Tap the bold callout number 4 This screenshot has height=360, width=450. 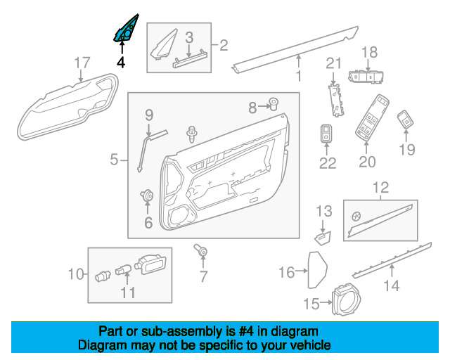(x=121, y=63)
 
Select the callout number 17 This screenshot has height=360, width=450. (x=82, y=63)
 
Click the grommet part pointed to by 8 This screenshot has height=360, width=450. (x=274, y=104)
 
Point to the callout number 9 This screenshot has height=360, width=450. (x=149, y=115)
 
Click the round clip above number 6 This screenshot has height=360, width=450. (x=147, y=195)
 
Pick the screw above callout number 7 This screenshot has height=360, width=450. (x=200, y=250)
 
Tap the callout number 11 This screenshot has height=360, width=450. (x=128, y=292)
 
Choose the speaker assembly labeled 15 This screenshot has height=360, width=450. (x=346, y=299)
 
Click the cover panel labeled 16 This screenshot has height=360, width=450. (x=317, y=269)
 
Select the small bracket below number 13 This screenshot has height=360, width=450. (x=323, y=238)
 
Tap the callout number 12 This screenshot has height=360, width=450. (x=380, y=188)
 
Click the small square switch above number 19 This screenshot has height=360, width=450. (x=406, y=119)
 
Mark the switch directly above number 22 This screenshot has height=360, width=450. (x=326, y=133)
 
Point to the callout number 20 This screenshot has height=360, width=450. (x=367, y=162)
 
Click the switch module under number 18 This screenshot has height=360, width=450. (x=366, y=77)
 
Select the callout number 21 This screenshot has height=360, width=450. (x=333, y=63)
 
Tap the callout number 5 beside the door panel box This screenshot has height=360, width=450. (x=114, y=160)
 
